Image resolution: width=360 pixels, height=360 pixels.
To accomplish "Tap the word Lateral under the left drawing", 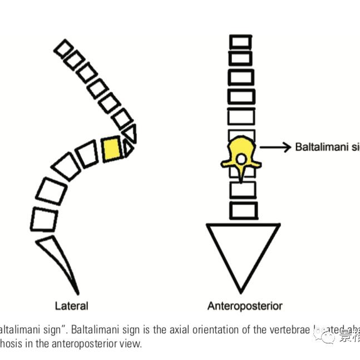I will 71,305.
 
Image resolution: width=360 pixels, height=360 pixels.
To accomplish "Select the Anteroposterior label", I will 245,305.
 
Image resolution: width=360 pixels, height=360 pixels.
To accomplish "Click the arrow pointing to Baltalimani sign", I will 275,147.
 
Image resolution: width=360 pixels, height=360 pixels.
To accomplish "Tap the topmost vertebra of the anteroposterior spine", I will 240,41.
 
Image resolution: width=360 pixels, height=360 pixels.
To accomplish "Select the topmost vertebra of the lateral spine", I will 66,47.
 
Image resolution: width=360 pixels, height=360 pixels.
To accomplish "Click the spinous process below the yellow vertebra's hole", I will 240,175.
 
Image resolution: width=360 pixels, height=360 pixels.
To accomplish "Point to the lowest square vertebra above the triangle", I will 243,210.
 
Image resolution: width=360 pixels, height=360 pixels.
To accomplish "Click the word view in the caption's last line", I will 130,343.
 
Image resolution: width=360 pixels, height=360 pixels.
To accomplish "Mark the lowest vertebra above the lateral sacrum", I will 45,218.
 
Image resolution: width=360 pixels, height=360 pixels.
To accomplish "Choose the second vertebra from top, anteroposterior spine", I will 240,58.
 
